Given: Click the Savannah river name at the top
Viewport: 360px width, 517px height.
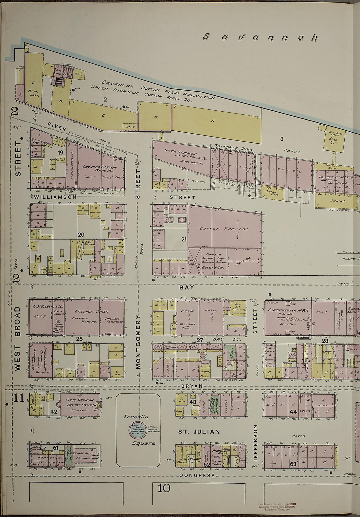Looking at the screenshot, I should pos(260,37).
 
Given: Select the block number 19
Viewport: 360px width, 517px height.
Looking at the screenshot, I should pos(61,153).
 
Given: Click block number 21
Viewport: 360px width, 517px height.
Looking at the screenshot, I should pos(184,240).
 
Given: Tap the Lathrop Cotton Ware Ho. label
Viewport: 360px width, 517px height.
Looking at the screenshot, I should pos(95,168).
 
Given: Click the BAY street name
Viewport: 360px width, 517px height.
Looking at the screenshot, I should pos(187,287).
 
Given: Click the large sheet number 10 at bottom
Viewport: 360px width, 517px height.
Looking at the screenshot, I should pos(164,488).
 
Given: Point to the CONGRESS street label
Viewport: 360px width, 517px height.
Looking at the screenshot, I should pos(197,475).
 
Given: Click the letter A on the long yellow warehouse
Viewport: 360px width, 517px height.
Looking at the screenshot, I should pos(213,121).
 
